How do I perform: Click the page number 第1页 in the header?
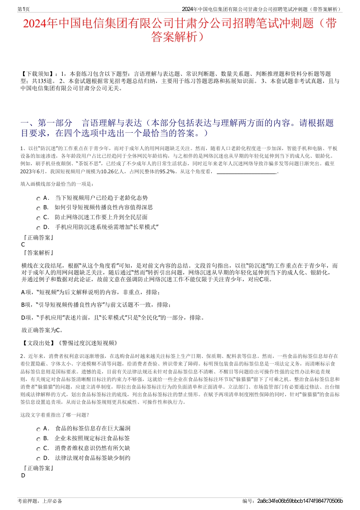coord(24,9)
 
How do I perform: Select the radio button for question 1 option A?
coord(38,199)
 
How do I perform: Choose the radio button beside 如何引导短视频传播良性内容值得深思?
coord(38,208)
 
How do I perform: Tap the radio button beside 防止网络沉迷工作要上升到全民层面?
coord(38,218)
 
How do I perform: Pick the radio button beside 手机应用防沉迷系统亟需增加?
coord(38,228)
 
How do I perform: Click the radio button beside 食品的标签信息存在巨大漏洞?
coord(38,429)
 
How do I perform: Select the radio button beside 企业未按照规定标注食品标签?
coord(38,439)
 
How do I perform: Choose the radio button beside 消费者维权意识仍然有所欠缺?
coord(38,449)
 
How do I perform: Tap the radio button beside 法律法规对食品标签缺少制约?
coord(38,459)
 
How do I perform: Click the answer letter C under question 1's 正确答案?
coord(23,245)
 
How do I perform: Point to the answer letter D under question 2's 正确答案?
coord(23,475)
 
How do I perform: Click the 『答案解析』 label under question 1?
coord(38,253)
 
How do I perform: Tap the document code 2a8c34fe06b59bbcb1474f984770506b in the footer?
coord(300,501)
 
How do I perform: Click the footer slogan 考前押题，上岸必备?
coord(40,501)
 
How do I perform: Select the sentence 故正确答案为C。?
coord(42,330)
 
